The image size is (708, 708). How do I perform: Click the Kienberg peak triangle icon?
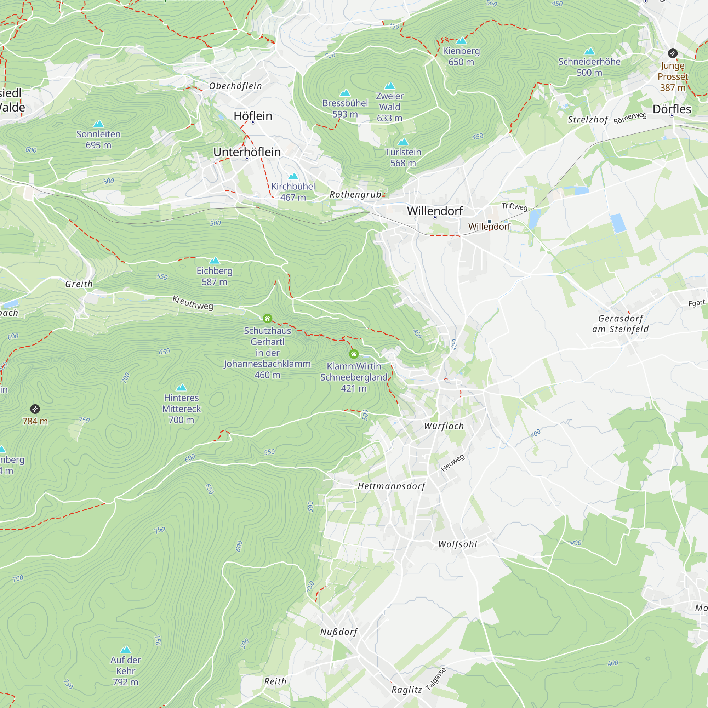(x=461, y=41)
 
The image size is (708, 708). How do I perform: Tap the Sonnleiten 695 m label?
(x=98, y=139)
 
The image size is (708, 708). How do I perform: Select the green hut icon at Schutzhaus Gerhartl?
(x=268, y=318)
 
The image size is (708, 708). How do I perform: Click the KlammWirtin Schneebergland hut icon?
(x=354, y=354)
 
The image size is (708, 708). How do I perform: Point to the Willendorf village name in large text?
(x=435, y=211)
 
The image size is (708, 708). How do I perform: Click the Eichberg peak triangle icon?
(x=215, y=261)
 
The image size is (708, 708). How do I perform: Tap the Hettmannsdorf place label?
(x=392, y=486)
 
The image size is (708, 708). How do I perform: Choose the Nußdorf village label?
(x=339, y=632)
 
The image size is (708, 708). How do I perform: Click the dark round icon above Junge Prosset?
(x=673, y=53)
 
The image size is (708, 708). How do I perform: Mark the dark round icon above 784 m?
(x=35, y=409)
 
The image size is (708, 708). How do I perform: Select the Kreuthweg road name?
(x=193, y=303)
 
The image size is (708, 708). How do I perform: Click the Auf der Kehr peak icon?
(x=125, y=650)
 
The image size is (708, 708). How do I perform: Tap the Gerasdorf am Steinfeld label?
(x=621, y=324)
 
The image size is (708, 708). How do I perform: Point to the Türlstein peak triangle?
(x=403, y=142)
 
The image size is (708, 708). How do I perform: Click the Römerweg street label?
(x=630, y=118)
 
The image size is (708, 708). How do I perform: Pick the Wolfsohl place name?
(x=458, y=544)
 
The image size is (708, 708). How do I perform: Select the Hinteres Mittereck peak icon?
(x=181, y=388)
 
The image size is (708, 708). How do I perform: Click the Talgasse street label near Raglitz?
(x=436, y=679)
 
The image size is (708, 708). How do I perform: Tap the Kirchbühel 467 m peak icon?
(x=293, y=176)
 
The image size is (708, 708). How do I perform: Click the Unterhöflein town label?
(x=247, y=152)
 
